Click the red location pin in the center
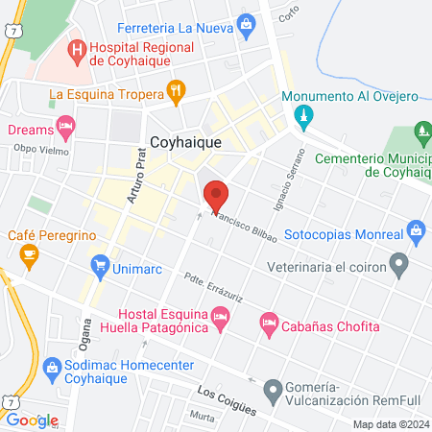[216, 195]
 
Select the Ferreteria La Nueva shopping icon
[247, 23]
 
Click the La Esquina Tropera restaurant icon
[176, 92]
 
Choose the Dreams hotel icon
[65, 126]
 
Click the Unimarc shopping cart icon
[99, 264]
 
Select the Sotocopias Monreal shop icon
[416, 230]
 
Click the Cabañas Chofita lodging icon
[270, 325]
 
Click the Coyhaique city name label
[186, 140]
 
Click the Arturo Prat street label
[137, 178]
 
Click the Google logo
[33, 420]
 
